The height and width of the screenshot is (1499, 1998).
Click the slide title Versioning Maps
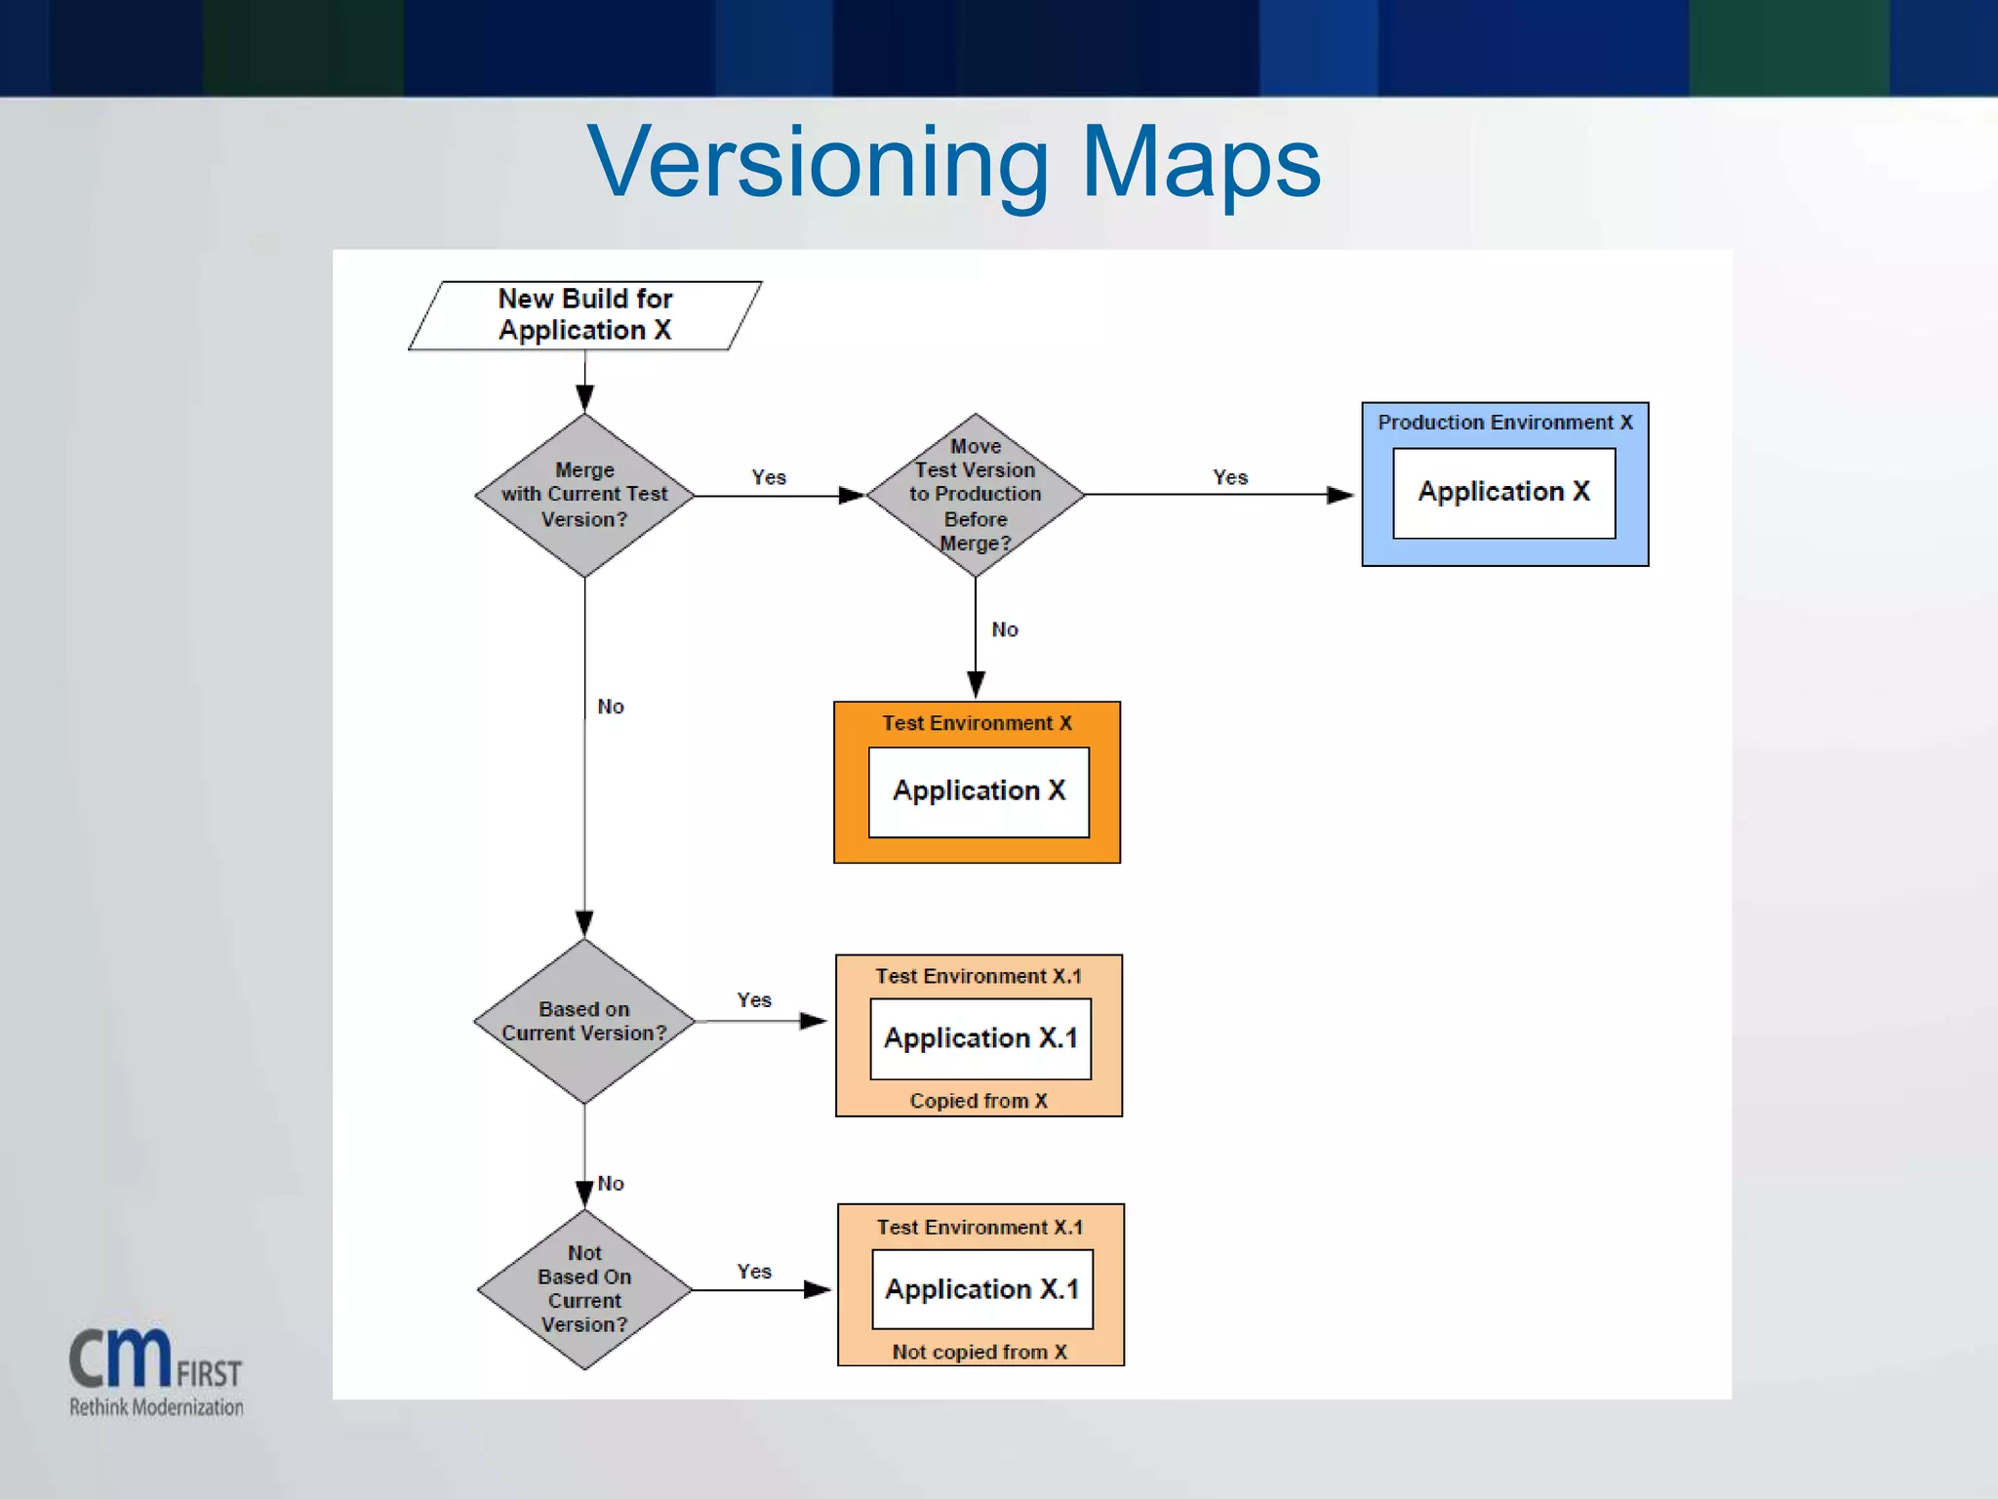click(x=953, y=162)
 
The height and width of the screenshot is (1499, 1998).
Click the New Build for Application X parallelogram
click(x=585, y=314)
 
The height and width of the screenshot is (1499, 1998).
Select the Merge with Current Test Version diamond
click(x=584, y=495)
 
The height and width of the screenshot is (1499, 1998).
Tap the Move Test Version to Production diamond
click(x=975, y=495)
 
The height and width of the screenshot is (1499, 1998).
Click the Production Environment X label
click(x=1504, y=423)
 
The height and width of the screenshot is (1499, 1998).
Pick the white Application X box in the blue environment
click(x=1503, y=492)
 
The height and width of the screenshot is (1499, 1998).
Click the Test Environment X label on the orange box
click(x=977, y=723)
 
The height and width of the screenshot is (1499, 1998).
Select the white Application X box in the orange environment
click(x=979, y=791)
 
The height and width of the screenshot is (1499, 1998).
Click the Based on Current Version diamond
click(x=584, y=1021)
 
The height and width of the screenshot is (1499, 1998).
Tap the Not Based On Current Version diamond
click(x=584, y=1289)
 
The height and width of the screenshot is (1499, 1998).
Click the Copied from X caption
click(x=979, y=1101)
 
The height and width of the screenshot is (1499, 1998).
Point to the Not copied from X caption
click(x=979, y=1352)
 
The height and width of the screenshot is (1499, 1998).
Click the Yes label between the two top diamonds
click(x=769, y=477)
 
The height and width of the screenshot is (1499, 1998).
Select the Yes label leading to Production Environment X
click(x=1230, y=477)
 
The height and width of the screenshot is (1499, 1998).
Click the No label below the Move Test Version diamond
click(x=1005, y=629)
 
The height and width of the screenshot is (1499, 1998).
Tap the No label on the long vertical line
click(x=611, y=707)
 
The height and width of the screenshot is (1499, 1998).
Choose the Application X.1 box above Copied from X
click(x=980, y=1038)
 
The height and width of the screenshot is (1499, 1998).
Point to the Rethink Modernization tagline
click(x=156, y=1407)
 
